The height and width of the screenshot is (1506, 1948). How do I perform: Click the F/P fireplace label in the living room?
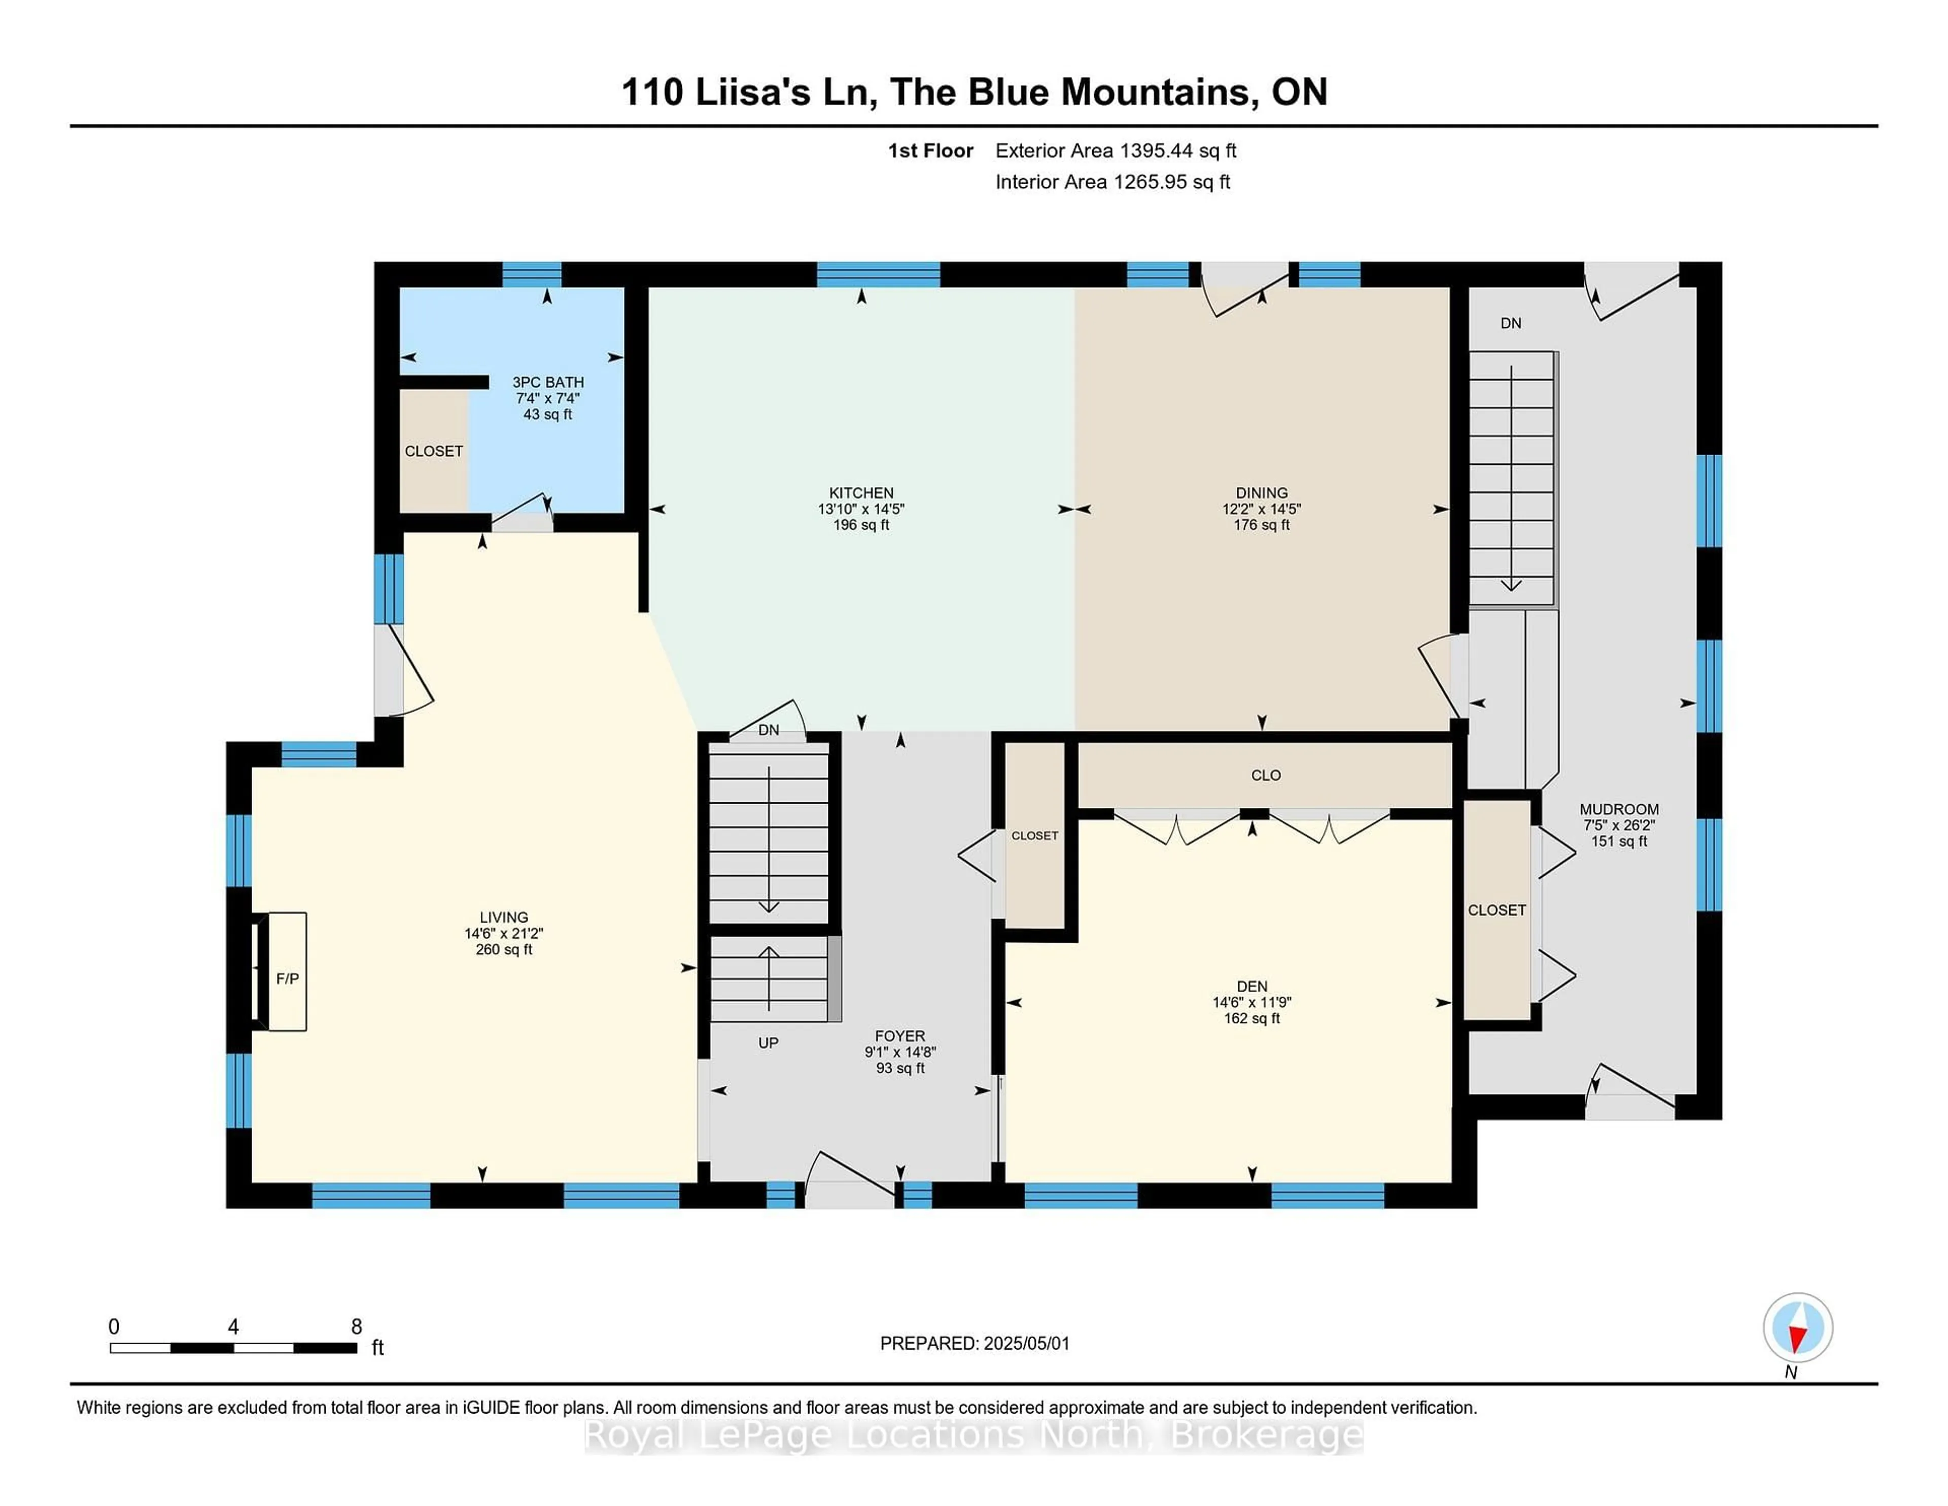point(287,979)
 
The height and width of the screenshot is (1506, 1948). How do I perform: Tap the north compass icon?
point(1797,1327)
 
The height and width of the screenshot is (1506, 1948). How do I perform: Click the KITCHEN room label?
point(861,493)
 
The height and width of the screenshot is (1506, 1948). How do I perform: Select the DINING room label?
point(1261,493)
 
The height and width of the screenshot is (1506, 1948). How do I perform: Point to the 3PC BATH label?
point(548,382)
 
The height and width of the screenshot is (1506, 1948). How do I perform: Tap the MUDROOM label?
point(1619,809)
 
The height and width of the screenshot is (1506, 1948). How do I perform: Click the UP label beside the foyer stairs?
point(768,1042)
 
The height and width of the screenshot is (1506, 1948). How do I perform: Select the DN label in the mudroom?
point(1510,323)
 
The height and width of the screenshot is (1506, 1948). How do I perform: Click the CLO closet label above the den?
point(1266,775)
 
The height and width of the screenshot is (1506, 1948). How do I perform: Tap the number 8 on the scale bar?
point(356,1327)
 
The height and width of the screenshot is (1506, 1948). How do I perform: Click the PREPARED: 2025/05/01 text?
point(974,1344)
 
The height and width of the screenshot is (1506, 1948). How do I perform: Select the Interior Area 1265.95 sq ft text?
point(1112,182)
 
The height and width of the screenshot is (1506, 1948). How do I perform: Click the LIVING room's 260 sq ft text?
point(504,949)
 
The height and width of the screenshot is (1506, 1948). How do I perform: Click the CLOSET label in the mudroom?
point(1497,910)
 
